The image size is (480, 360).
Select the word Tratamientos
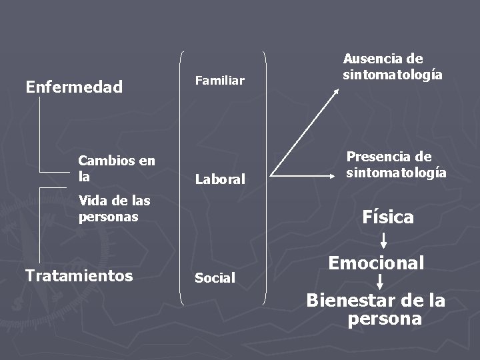click(78, 275)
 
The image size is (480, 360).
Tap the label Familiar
click(219, 81)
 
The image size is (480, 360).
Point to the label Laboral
click(219, 179)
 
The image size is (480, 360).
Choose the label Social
click(215, 278)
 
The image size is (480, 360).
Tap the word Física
click(387, 217)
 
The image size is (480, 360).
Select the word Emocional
click(376, 263)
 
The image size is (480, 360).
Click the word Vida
click(91, 201)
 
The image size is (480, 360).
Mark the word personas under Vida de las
click(108, 217)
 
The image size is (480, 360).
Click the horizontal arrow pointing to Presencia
click(307, 177)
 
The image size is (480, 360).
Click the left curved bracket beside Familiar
click(182, 177)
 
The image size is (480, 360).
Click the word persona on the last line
click(385, 319)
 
